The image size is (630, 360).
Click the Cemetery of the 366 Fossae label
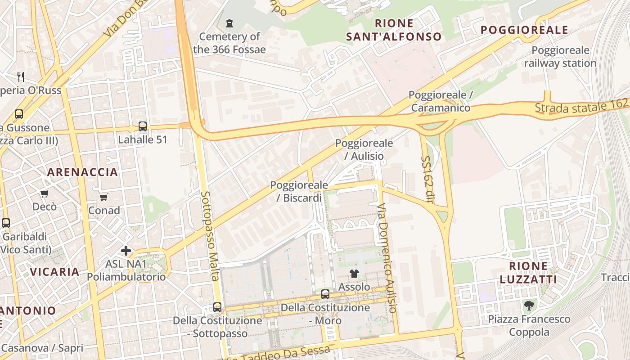coord(229,43)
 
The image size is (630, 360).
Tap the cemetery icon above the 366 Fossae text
coord(229,23)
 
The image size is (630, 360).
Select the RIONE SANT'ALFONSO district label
coord(394,30)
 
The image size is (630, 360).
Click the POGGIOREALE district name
coord(524,30)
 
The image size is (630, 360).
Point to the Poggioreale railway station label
coord(560,57)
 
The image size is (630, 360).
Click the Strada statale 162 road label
coord(581,106)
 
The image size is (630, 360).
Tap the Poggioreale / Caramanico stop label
coord(441,101)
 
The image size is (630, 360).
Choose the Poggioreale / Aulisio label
coord(364,149)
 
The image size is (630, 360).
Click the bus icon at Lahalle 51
coord(143,126)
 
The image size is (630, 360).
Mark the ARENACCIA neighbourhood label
coord(82,172)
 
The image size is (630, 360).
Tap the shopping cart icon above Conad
coord(104,197)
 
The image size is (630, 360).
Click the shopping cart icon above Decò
coord(45,194)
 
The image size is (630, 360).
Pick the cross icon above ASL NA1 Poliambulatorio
coord(126,250)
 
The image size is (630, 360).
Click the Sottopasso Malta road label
coord(209,236)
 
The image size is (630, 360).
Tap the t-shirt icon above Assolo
coord(354,273)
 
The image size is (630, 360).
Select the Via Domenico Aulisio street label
coord(387,258)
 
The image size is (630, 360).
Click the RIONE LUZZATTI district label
coord(528,272)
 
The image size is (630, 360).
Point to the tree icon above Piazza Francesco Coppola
coord(530,306)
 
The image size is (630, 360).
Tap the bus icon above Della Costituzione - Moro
coord(325,294)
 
